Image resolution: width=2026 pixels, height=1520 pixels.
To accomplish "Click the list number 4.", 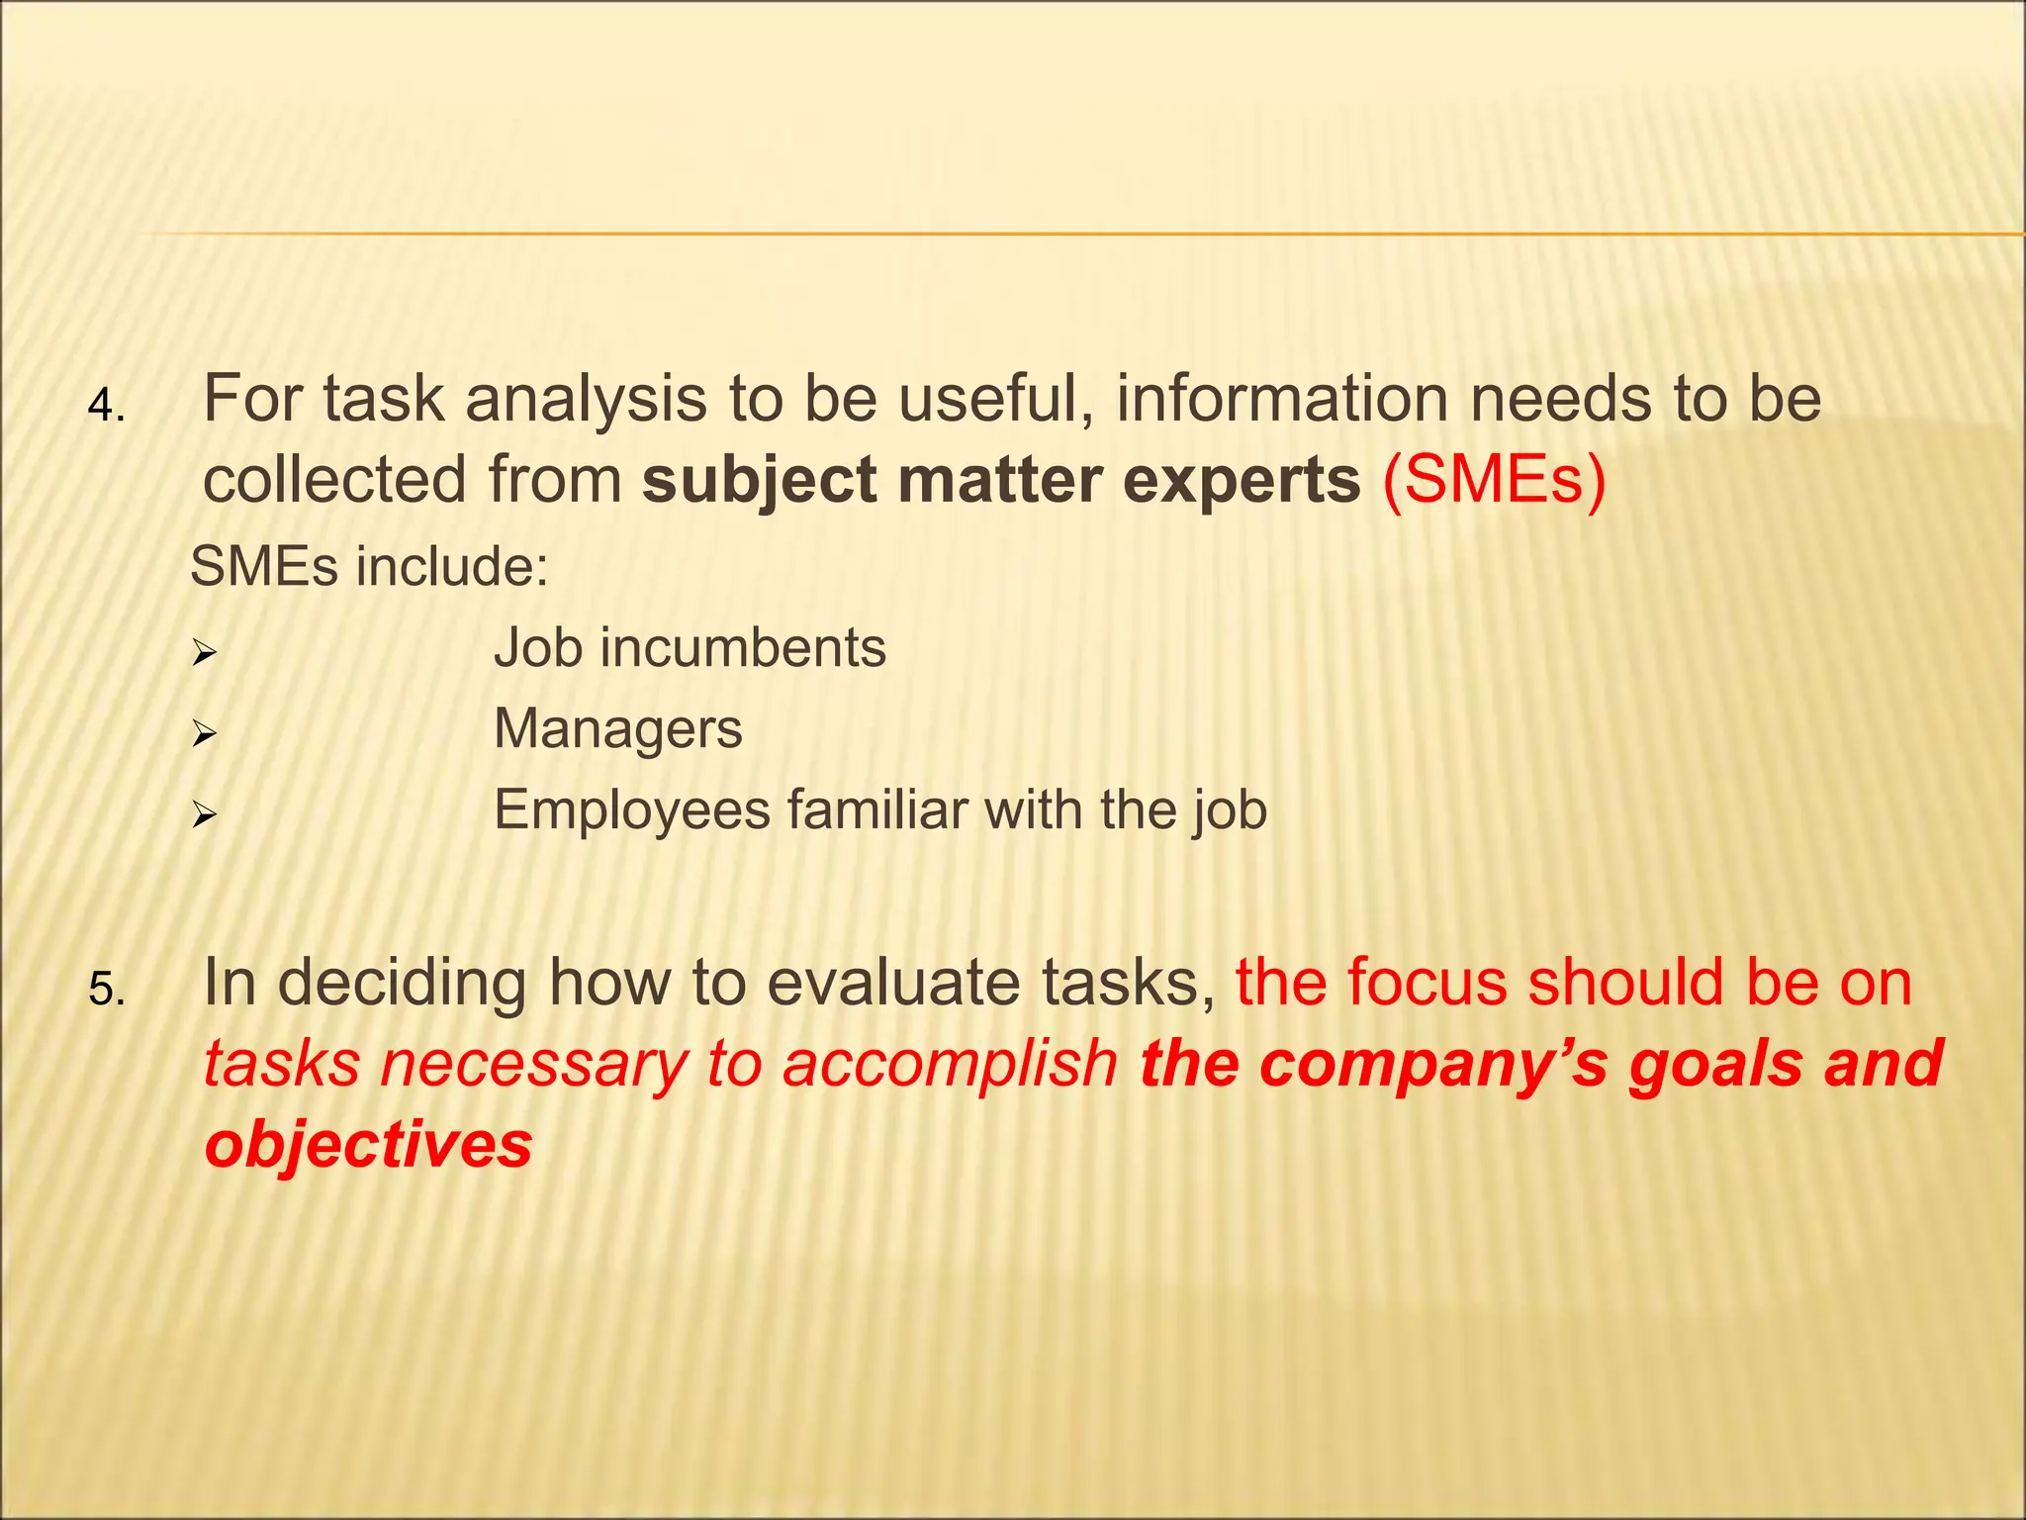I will pyautogui.click(x=105, y=407).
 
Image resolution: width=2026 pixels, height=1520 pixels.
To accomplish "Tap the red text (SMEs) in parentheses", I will pyautogui.click(x=1494, y=481).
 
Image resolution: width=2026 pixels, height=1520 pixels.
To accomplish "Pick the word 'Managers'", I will pyautogui.click(x=617, y=730).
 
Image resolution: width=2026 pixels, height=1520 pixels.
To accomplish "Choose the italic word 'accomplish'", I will pyautogui.click(x=950, y=1067).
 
